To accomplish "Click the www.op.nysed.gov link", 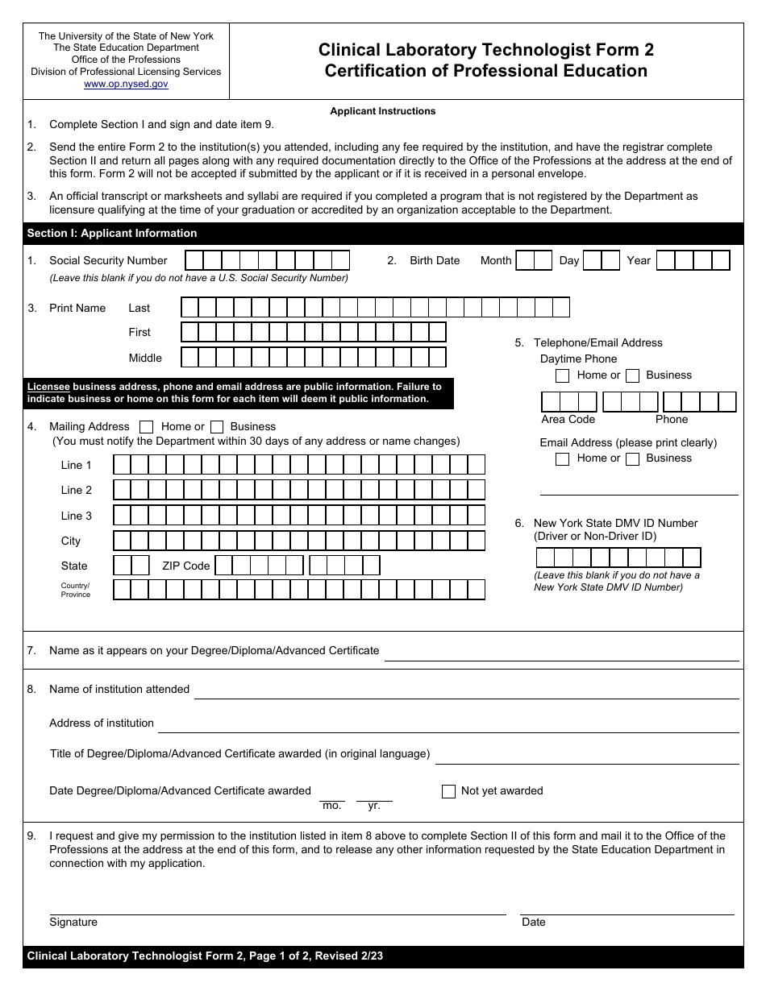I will [x=126, y=84].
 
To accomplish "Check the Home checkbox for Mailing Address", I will [x=147, y=427].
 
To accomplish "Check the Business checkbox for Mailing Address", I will [x=216, y=427].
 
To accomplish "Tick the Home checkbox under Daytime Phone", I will [x=563, y=375].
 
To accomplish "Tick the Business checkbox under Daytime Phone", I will [x=633, y=375].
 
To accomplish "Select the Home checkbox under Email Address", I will [x=563, y=459].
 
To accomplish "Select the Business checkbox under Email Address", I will [x=633, y=459].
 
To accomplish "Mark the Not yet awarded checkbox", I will [x=448, y=791].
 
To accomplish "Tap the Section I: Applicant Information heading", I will [x=112, y=234].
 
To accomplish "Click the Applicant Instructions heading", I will [x=382, y=111].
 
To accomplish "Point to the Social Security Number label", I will [x=108, y=261].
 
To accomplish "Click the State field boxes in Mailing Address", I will [x=131, y=566].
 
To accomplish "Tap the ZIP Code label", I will [x=185, y=566].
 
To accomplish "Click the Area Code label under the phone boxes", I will [x=568, y=420].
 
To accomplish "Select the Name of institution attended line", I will [x=466, y=692].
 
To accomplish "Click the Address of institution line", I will [x=448, y=726].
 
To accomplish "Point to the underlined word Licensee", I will [x=48, y=387].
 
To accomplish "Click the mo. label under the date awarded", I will [x=331, y=806].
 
